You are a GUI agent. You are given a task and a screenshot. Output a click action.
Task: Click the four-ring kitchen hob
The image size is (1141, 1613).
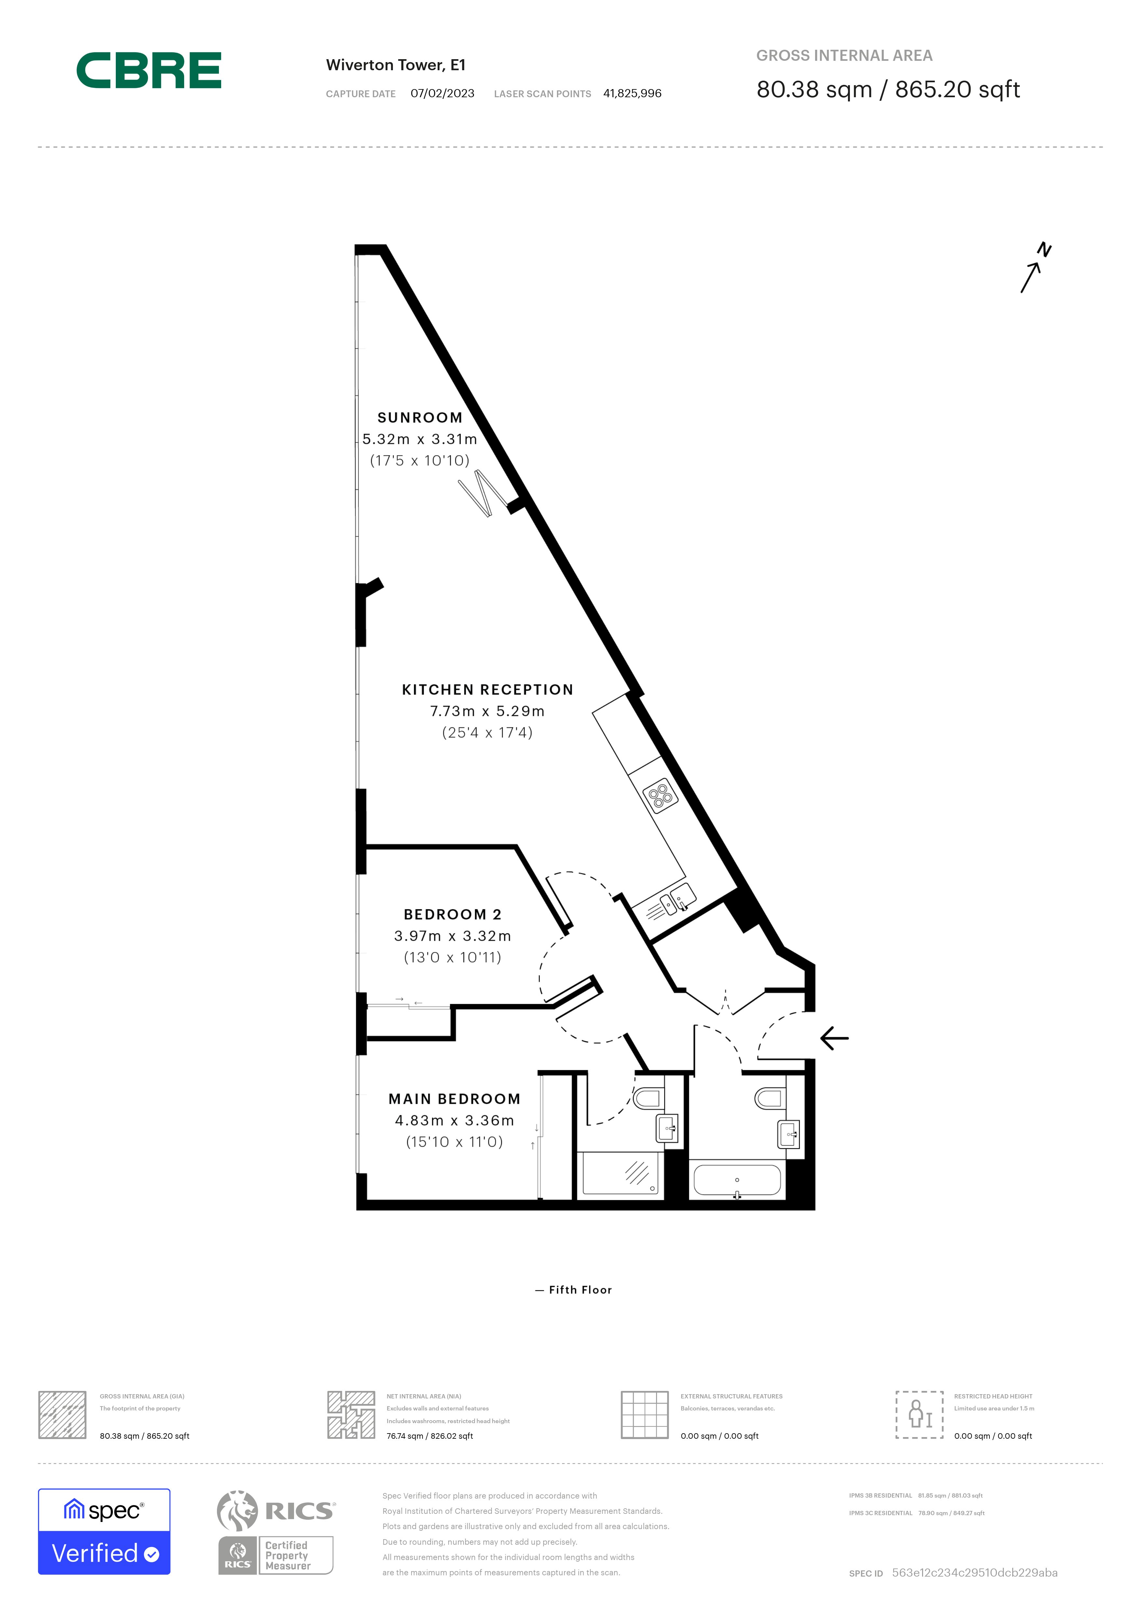click(x=660, y=796)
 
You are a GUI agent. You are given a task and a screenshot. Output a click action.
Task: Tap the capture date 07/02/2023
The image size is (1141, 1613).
click(x=442, y=93)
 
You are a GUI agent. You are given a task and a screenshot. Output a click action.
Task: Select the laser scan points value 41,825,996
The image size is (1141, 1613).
click(x=632, y=93)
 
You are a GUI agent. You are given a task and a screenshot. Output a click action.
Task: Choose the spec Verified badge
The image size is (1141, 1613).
click(x=104, y=1531)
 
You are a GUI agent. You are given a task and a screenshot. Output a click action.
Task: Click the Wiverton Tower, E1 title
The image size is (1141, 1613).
click(x=396, y=65)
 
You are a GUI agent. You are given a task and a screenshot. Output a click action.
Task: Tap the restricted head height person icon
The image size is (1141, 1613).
click(x=919, y=1415)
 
